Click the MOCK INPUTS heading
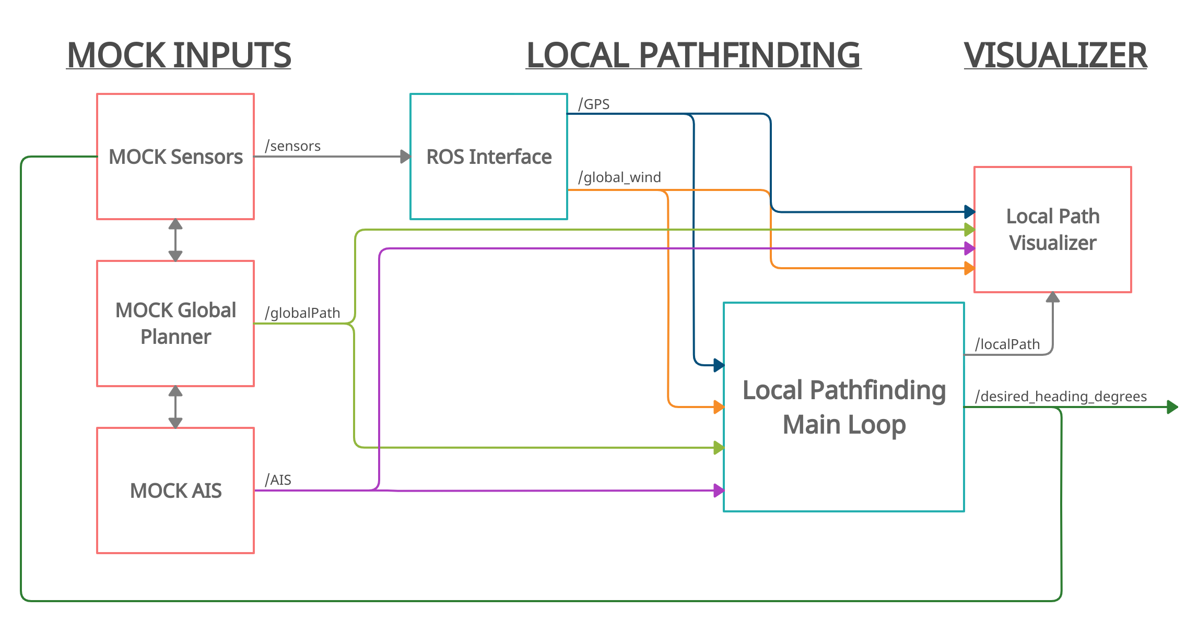pos(179,55)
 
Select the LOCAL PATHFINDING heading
pos(693,55)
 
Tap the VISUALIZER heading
pos(1055,55)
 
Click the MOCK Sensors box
pos(175,157)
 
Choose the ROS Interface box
pos(488,157)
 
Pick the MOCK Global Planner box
pos(175,324)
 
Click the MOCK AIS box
pos(175,491)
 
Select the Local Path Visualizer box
pos(1052,230)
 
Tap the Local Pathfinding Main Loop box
pos(843,407)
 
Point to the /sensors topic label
pos(293,146)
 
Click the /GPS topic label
pos(594,104)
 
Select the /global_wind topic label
pos(619,177)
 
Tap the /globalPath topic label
pos(302,313)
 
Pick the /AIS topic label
pos(278,480)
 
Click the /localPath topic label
pos(1007,344)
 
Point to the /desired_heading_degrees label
pos(1061,397)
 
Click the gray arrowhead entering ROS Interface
pos(405,157)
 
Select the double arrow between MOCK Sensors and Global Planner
pos(175,240)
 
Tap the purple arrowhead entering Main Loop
pos(719,491)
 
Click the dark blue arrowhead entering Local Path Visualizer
pos(969,212)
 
